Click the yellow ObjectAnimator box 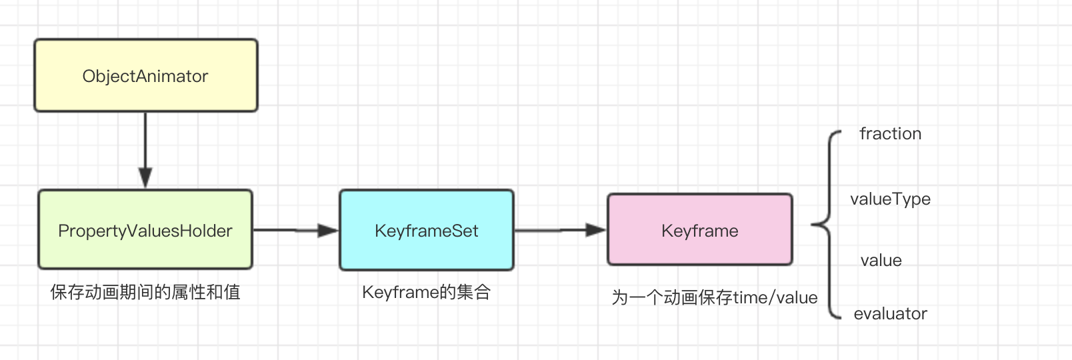click(146, 75)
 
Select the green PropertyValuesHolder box click(145, 229)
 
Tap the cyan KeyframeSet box click(427, 230)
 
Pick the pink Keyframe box click(700, 230)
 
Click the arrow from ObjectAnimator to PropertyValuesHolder click(145, 150)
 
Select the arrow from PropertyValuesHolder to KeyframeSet click(296, 230)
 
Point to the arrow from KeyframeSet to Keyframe click(561, 230)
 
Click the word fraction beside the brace click(890, 133)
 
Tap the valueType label click(890, 199)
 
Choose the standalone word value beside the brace click(881, 261)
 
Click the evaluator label click(890, 313)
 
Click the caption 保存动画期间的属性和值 click(145, 292)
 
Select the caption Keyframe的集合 click(427, 292)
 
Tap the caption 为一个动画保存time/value click(715, 297)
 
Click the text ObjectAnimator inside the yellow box click(145, 76)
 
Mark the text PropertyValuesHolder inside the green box click(145, 231)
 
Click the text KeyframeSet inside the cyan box click(427, 231)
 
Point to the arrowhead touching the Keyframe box click(597, 230)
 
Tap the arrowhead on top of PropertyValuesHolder click(145, 178)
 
